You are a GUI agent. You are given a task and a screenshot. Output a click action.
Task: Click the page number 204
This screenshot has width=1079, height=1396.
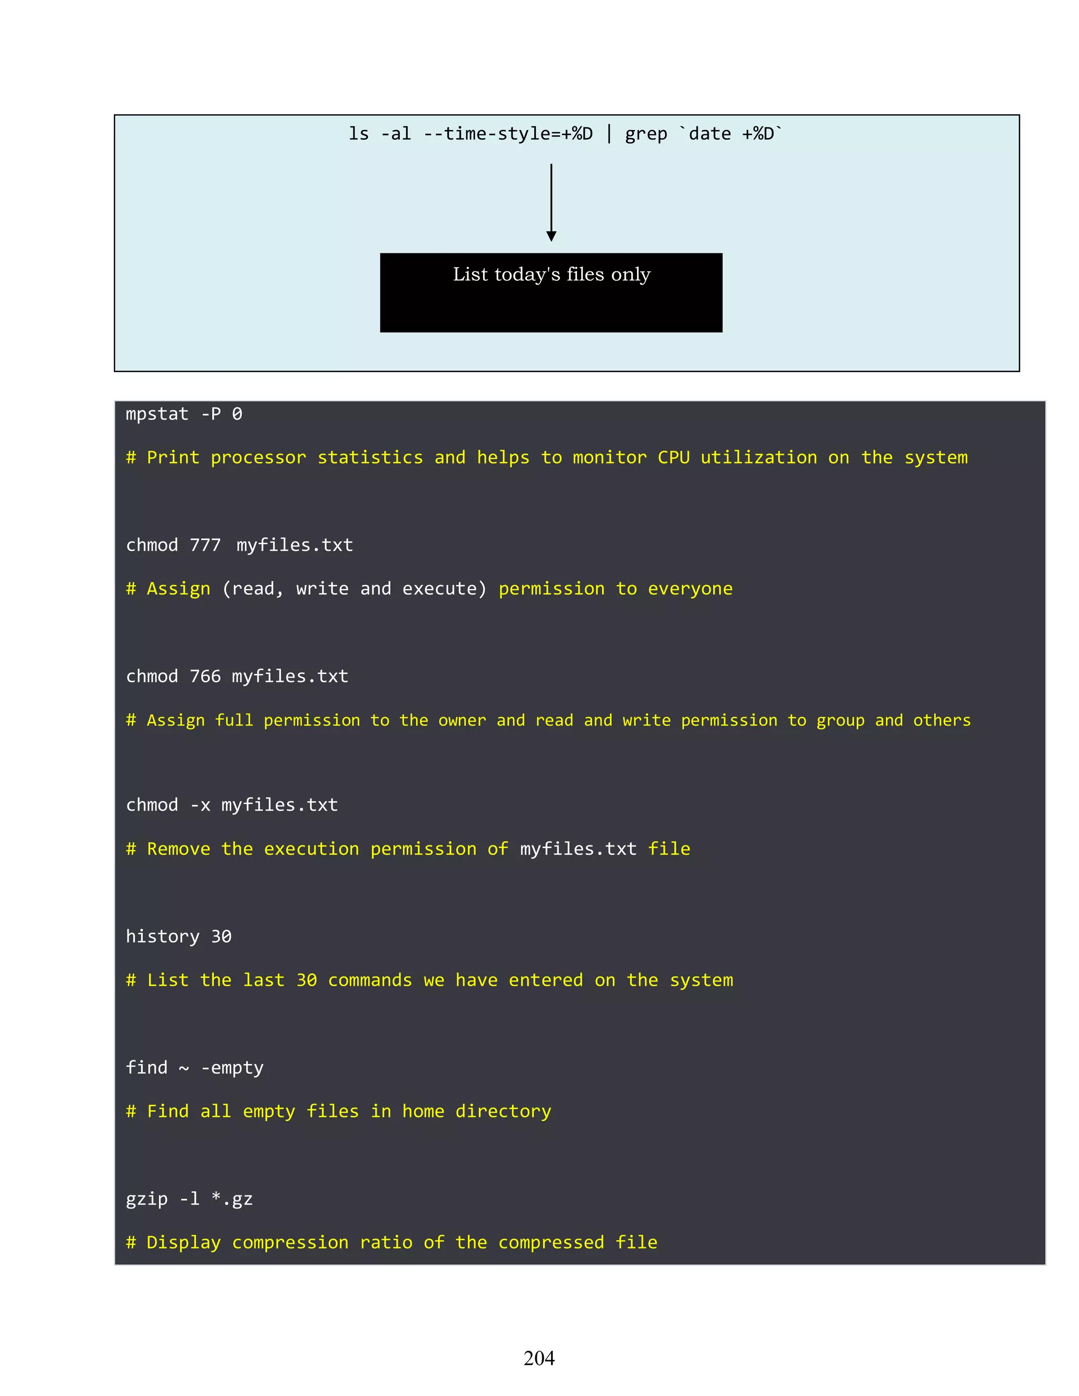539,1358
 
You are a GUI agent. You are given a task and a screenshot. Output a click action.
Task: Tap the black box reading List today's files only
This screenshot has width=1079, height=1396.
551,292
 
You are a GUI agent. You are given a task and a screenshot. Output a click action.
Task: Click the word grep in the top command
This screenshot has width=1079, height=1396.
645,134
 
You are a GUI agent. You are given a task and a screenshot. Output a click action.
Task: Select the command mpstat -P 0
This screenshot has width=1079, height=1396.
184,414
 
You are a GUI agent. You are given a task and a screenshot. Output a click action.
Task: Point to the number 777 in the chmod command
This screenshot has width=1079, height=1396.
205,545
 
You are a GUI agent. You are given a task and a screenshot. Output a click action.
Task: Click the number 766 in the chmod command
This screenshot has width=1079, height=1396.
205,676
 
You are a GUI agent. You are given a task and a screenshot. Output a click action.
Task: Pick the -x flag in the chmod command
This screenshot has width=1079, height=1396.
200,805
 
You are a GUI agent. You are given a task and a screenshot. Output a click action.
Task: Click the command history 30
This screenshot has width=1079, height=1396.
179,937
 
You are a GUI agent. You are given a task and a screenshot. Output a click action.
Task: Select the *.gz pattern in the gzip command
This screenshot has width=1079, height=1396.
232,1199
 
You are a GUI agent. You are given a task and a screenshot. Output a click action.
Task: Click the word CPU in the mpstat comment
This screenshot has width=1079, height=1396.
673,458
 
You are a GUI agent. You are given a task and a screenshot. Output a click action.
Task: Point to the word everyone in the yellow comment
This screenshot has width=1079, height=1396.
690,589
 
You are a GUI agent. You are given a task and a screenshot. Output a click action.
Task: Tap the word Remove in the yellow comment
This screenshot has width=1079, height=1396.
179,849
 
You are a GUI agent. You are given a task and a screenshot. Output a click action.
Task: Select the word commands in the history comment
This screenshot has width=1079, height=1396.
370,980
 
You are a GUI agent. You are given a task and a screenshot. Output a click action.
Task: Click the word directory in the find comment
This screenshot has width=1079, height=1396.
503,1112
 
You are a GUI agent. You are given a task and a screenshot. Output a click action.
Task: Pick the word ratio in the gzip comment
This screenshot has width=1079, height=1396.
386,1243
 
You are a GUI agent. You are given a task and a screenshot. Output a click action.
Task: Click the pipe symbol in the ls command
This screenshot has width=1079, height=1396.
609,134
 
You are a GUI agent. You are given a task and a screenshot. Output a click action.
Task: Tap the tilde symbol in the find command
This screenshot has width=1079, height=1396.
184,1068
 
